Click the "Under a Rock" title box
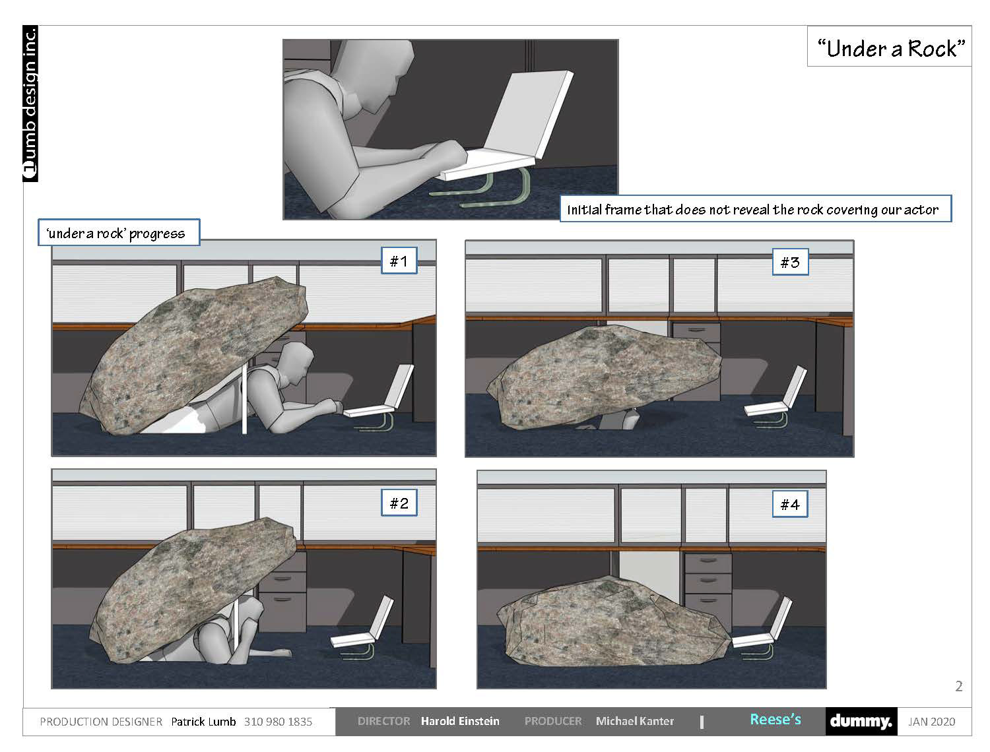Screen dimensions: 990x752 point(888,46)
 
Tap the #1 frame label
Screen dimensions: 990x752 point(399,261)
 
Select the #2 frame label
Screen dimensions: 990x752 point(399,503)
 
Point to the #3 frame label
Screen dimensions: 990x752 point(790,262)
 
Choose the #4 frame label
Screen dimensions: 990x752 point(790,504)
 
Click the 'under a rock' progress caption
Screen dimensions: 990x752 point(119,232)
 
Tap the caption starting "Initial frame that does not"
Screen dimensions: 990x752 point(756,208)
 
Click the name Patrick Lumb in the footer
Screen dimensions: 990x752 point(203,722)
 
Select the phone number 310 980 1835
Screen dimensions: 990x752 point(278,722)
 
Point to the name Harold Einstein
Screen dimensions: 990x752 point(460,721)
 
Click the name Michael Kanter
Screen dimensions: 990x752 point(635,721)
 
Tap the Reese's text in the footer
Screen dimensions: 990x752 point(775,719)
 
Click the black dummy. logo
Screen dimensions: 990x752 point(861,721)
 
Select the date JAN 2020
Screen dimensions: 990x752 point(931,722)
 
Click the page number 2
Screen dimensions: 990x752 point(959,686)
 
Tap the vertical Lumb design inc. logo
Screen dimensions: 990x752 point(30,104)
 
